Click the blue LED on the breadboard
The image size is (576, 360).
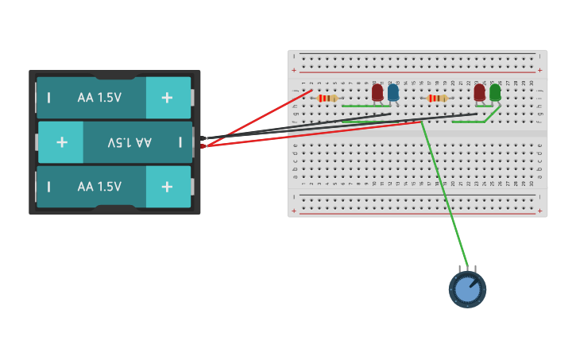coord(393,92)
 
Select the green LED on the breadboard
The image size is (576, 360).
coord(495,92)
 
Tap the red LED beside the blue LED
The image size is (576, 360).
coord(377,92)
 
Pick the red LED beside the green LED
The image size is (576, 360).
coord(479,92)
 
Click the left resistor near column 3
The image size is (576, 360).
coord(327,99)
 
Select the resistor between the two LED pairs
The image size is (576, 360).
coord(437,99)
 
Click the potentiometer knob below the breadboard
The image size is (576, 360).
coord(467,289)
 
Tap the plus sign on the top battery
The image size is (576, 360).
coord(167,97)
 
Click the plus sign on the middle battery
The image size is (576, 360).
coord(62,142)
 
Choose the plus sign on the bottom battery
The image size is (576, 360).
coord(167,187)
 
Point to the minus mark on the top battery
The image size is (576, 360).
coord(49,98)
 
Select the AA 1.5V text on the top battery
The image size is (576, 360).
coord(99,98)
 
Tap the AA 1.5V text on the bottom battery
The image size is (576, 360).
coord(99,187)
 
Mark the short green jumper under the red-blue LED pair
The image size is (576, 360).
coord(361,106)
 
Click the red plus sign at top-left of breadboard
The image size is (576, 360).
coord(294,70)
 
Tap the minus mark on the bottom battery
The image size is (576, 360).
coord(49,187)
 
